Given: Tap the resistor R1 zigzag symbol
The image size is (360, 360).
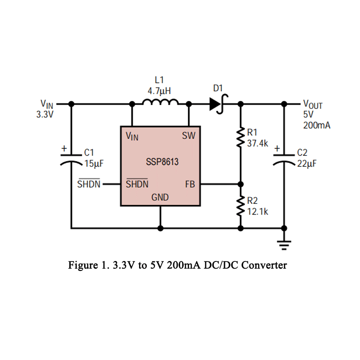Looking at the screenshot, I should click(x=240, y=138).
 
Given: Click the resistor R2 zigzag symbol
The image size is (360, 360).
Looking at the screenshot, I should click(x=240, y=206).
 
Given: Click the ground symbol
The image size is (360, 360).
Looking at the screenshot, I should click(x=284, y=245).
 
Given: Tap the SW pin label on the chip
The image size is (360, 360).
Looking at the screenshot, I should click(x=189, y=135).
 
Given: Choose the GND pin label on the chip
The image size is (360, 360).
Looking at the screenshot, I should click(x=160, y=197).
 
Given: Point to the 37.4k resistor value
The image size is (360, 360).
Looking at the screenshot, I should click(x=258, y=144).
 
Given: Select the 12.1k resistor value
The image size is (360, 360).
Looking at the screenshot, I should click(x=258, y=211).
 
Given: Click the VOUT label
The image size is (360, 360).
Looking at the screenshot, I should click(x=313, y=104).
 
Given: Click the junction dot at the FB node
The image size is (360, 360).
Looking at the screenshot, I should click(x=240, y=184).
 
